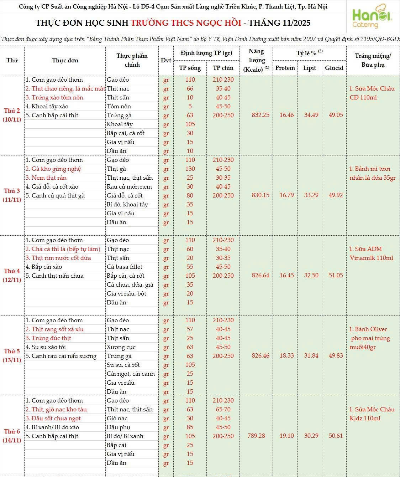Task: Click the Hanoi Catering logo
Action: pyautogui.click(x=372, y=17)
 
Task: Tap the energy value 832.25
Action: pyautogui.click(x=260, y=115)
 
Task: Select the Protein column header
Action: pyautogui.click(x=285, y=68)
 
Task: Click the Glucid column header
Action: pyautogui.click(x=334, y=68)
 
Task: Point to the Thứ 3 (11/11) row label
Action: pyautogui.click(x=12, y=195)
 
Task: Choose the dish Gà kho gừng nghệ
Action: pyautogui.click(x=56, y=169)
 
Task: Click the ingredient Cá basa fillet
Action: pyautogui.click(x=125, y=267)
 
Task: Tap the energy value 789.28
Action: pyautogui.click(x=256, y=436)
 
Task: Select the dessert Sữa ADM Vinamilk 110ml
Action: pyautogui.click(x=371, y=253)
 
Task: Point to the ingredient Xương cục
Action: pyautogui.click(x=121, y=347)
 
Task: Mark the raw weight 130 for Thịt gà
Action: pyautogui.click(x=190, y=169)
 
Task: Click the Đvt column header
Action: pyautogui.click(x=166, y=60)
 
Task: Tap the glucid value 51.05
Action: pyautogui.click(x=336, y=275)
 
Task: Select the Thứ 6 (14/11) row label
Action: pyautogui.click(x=12, y=436)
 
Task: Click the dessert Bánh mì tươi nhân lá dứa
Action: pyautogui.click(x=372, y=173)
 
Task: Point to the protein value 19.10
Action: pyautogui.click(x=286, y=436)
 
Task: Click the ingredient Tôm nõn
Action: pyautogui.click(x=119, y=106)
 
